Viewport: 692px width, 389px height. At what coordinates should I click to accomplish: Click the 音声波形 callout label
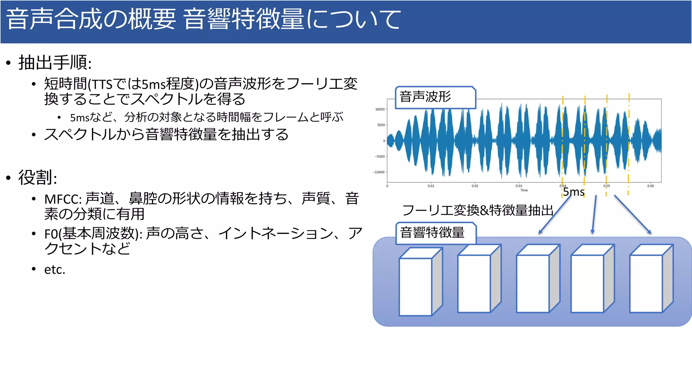pos(425,97)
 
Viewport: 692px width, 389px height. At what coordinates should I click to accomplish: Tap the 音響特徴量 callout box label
pos(432,233)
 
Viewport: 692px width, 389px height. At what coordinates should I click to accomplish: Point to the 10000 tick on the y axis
pos(380,109)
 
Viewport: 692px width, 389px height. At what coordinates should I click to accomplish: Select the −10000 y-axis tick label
pos(379,172)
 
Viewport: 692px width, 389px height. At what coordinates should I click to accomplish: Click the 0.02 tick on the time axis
pos(475,186)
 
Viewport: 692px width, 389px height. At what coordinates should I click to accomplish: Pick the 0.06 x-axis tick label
pos(650,186)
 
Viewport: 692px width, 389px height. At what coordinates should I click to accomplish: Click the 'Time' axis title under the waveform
pos(524,190)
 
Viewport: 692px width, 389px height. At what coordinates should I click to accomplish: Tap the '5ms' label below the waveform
pos(574,192)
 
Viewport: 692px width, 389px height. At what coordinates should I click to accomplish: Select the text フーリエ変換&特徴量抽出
pos(477,210)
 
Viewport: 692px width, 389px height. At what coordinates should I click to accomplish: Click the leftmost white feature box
pos(415,287)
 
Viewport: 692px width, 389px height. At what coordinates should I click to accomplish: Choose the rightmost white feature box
pos(646,284)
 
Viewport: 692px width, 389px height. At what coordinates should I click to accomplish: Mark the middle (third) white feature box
pos(533,284)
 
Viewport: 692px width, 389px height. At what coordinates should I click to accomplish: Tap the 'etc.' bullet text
pos(54,269)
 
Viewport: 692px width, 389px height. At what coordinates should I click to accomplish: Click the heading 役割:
pos(38,178)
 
